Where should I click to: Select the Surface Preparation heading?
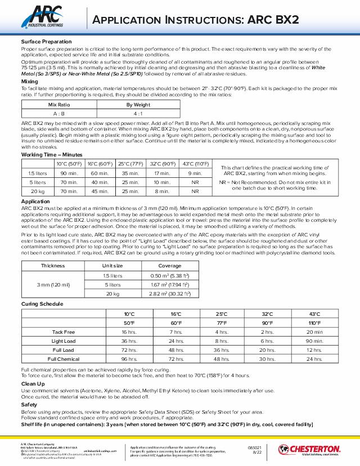tap(46, 42)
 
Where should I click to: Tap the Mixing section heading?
tap(30, 82)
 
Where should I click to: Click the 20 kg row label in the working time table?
tap(37, 191)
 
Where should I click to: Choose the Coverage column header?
tap(170, 266)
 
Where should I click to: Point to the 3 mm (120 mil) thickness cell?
tap(53, 285)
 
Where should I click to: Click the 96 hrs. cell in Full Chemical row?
tap(129, 359)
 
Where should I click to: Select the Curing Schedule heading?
tap(43, 304)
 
